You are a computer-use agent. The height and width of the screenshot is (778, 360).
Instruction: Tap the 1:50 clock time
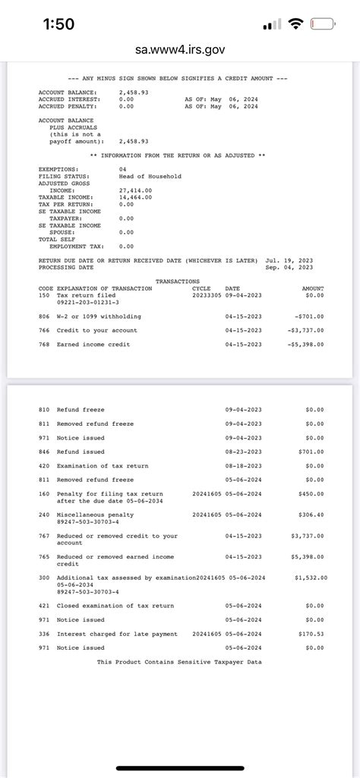tap(58, 24)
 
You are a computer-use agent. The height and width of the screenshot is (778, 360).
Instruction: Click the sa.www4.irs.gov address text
tap(180, 50)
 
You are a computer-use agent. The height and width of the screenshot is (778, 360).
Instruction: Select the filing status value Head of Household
tap(150, 176)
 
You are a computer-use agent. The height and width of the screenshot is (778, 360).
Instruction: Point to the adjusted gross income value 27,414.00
tap(135, 191)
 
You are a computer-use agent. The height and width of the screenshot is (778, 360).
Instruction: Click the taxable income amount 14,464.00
tap(135, 197)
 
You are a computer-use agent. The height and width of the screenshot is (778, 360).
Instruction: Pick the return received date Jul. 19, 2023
tap(289, 260)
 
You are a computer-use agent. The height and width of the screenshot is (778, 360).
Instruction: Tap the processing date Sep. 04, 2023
tap(289, 267)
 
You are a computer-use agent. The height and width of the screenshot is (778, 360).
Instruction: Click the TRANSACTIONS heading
tap(177, 282)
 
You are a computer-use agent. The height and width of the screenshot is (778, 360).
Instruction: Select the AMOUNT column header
tap(313, 288)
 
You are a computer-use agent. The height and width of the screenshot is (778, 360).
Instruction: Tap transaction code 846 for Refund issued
tap(45, 452)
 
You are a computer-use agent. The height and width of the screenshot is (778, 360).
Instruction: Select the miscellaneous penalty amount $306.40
tap(312, 515)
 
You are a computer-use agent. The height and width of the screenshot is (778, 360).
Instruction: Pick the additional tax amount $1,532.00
tap(311, 578)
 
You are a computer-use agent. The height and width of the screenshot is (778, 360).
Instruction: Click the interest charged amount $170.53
tap(312, 634)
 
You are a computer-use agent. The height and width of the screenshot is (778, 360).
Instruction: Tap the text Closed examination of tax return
tap(115, 606)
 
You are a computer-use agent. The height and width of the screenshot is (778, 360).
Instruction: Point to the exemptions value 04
tap(123, 169)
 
